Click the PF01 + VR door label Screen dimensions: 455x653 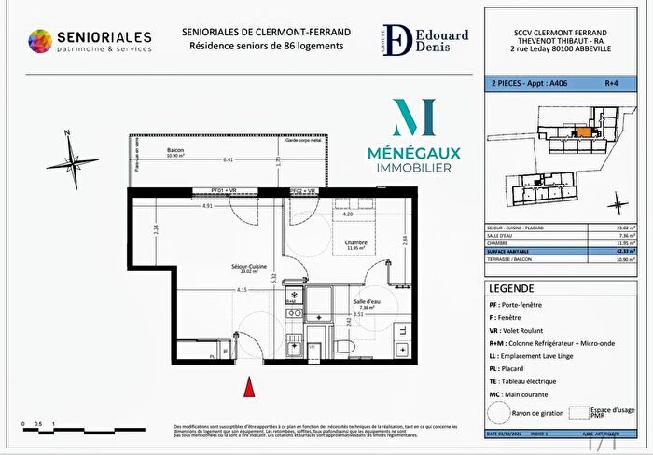tap(209, 190)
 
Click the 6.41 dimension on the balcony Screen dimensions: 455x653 tap(228, 159)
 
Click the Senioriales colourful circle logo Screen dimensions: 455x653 tap(40, 42)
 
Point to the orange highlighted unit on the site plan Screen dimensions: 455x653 tap(583, 132)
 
